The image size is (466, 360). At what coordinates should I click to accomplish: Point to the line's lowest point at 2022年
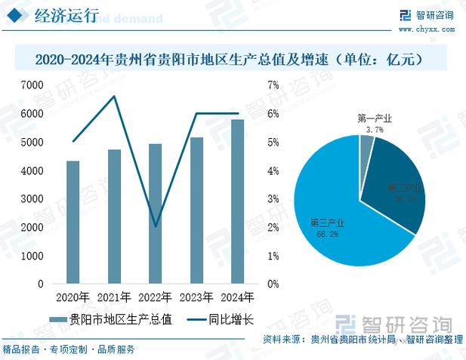tap(155, 226)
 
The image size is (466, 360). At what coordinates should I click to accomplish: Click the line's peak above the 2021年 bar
tap(114, 96)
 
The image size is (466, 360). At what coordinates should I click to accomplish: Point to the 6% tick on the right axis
tap(273, 114)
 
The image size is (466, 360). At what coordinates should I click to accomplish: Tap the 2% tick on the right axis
tap(273, 228)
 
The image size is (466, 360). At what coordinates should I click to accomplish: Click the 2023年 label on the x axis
tap(196, 297)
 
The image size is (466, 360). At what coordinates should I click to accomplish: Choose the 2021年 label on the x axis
tap(114, 297)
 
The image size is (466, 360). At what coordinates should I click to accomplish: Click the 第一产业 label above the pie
tap(375, 118)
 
